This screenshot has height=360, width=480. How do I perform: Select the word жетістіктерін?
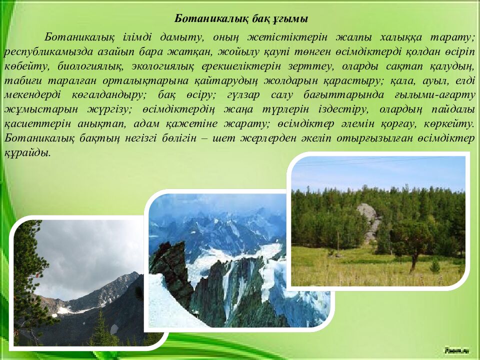[x=287, y=37]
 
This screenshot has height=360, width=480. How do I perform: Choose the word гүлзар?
[x=243, y=95]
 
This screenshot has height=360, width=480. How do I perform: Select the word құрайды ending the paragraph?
[x=27, y=153]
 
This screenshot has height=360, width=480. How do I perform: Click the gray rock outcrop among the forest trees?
[x=369, y=220]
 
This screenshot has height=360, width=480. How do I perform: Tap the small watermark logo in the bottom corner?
[x=453, y=350]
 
